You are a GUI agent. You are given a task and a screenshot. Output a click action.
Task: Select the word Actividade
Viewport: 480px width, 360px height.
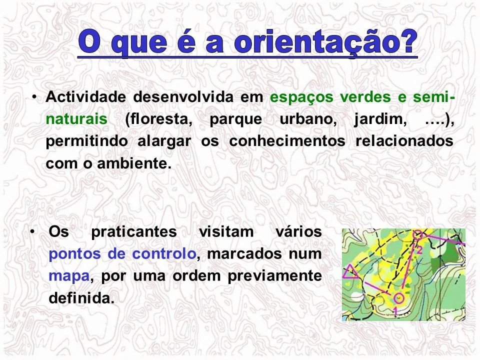coord(85,96)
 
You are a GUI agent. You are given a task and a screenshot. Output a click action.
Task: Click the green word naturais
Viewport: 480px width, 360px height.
coord(76,119)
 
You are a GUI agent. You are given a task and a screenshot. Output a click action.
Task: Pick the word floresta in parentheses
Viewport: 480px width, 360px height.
coord(159,119)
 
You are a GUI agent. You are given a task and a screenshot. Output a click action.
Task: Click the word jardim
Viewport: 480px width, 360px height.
coord(380,119)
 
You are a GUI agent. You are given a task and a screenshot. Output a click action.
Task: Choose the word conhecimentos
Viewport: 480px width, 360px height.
coord(287,141)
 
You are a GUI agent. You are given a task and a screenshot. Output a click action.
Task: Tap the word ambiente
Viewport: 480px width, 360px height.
coord(134,163)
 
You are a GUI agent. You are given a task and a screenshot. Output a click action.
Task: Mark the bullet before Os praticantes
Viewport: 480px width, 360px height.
coord(32,231)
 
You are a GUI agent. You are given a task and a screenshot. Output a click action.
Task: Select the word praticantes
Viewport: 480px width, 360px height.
coord(134,231)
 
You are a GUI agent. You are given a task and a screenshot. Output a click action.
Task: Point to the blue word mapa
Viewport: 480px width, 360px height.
coord(69,276)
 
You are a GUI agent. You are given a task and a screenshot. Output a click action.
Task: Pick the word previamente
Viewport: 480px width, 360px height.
coord(274,276)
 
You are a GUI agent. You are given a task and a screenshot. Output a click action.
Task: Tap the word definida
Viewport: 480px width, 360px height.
coord(81,298)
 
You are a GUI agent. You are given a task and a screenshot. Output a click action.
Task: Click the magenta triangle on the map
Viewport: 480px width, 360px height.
coord(350,272)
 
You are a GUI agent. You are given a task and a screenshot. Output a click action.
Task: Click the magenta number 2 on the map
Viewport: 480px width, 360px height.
coord(419,250)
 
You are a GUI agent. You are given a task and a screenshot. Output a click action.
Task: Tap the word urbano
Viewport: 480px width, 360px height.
coord(308,119)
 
